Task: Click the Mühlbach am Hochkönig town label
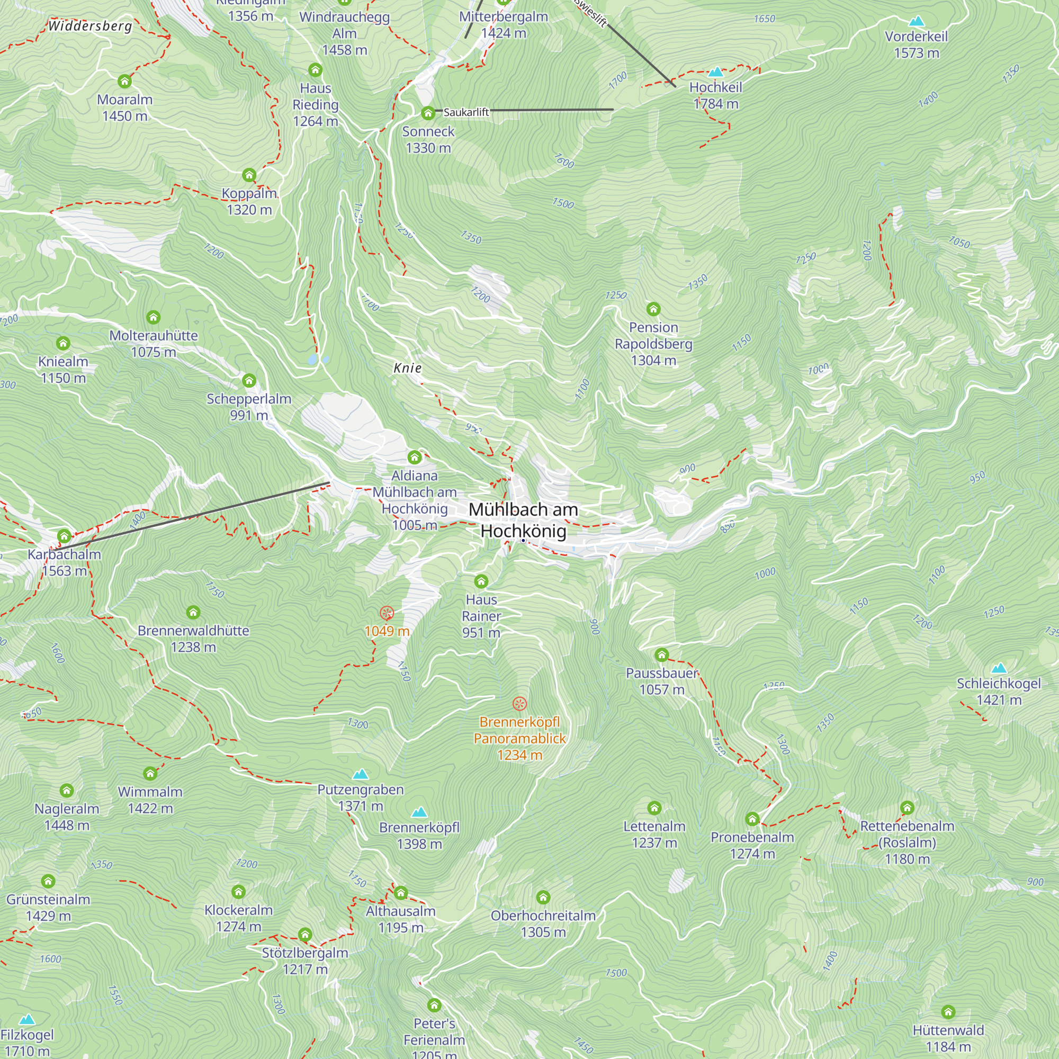coord(523,520)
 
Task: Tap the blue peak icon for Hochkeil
coord(716,72)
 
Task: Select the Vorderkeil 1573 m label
coord(916,44)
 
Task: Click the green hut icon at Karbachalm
coord(64,535)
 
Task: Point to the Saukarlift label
coord(466,112)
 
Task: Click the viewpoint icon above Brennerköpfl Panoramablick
coord(519,703)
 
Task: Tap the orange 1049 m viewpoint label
coord(387,631)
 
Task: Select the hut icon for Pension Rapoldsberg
coord(653,309)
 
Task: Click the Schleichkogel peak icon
coord(999,668)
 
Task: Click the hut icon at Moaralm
coord(124,82)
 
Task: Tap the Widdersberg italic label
coord(91,26)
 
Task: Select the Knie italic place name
coord(408,368)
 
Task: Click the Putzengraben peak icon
coord(360,774)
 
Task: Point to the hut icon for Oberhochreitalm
coord(543,898)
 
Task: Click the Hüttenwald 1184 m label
coord(948,1038)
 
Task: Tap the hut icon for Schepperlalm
coord(249,380)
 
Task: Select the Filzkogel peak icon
coord(27,1019)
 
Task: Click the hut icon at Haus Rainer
coord(481,581)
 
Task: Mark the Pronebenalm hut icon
coord(752,819)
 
